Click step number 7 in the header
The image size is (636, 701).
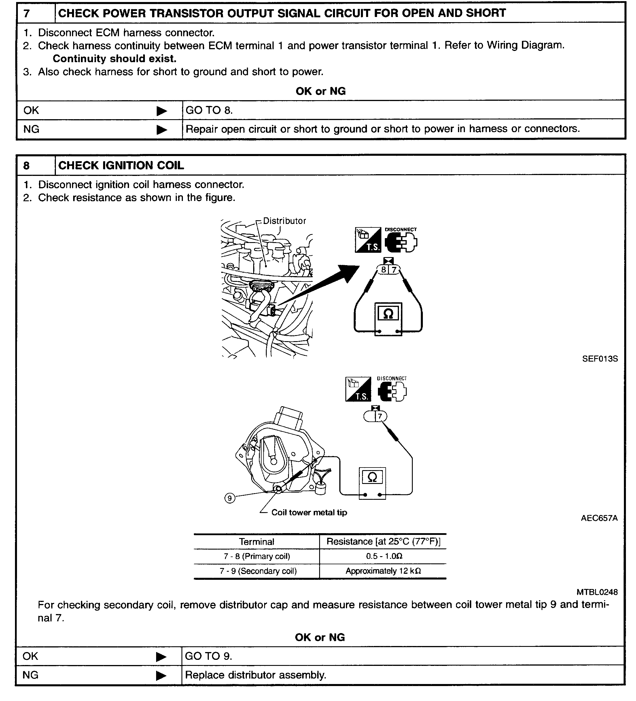click(27, 14)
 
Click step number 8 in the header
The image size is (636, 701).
click(27, 166)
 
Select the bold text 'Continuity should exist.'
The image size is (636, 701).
click(114, 59)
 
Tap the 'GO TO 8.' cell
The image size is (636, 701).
click(209, 110)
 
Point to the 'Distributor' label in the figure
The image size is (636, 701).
click(284, 221)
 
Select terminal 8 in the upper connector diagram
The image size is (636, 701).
click(383, 269)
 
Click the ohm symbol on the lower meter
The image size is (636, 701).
click(372, 477)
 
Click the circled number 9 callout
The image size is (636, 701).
click(230, 498)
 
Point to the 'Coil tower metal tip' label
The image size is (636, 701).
click(309, 512)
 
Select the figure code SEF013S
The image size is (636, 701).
click(600, 359)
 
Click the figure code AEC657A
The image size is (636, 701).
click(599, 518)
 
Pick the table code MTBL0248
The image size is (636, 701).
click(597, 592)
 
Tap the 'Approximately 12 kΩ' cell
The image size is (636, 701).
click(383, 571)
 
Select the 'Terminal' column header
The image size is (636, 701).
click(256, 542)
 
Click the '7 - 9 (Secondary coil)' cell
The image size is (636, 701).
click(258, 571)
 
